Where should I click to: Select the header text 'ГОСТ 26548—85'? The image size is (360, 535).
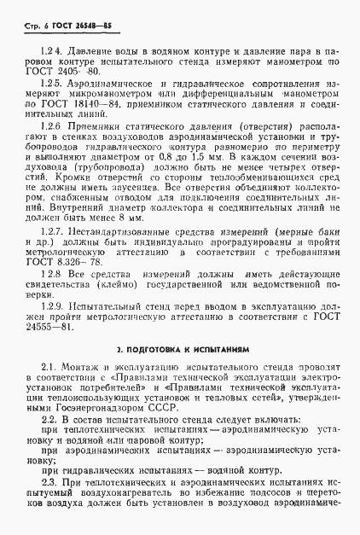(x=67, y=25)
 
